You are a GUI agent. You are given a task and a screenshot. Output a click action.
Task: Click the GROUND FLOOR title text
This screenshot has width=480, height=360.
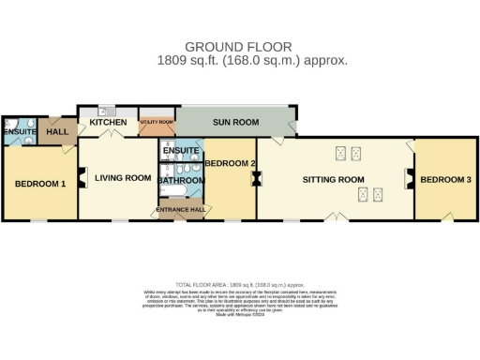(238, 46)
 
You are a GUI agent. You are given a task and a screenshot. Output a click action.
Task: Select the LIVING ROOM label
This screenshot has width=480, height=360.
(123, 178)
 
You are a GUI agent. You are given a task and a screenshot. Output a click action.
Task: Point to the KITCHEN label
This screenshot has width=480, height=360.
(109, 122)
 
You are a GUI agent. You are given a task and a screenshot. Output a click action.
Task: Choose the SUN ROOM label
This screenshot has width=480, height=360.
(234, 122)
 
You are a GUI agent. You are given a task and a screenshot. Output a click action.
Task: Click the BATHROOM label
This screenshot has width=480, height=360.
(180, 180)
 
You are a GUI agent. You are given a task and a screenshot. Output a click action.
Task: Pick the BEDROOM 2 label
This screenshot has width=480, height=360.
(231, 164)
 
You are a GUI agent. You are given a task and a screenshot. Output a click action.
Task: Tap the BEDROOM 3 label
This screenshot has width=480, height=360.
(445, 179)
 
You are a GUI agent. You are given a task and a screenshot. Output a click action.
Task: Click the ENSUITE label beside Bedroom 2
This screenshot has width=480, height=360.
(180, 150)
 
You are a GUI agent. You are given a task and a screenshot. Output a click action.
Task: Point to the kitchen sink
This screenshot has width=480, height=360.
(106, 110)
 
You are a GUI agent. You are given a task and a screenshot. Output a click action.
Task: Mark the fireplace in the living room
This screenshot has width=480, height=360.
(82, 177)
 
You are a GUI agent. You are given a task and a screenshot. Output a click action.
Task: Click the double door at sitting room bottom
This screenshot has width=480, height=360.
(335, 217)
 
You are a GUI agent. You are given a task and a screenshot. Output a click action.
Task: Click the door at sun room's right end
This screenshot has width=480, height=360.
(293, 125)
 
